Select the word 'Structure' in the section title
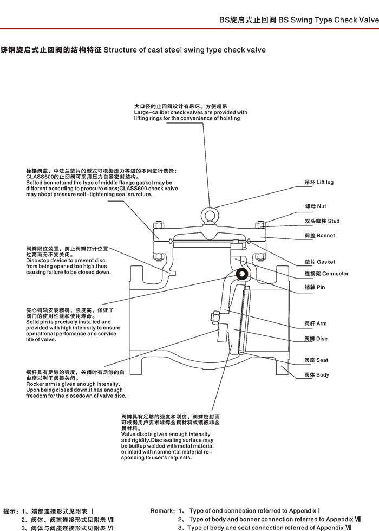pos(120,50)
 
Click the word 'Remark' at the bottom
pos(162,510)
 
